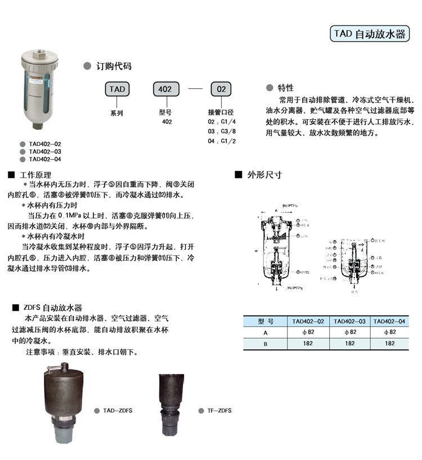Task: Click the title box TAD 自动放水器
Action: [x=369, y=34]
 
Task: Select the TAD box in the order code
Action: [x=117, y=89]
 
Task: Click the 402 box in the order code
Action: [x=166, y=89]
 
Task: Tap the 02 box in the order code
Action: [x=221, y=89]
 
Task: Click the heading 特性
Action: [x=285, y=88]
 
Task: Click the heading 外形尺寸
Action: [x=265, y=175]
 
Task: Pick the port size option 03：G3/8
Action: [x=222, y=131]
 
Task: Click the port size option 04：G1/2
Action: [x=222, y=141]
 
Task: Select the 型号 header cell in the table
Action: [x=265, y=321]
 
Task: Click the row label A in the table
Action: [x=265, y=332]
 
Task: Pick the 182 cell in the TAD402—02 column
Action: [x=308, y=343]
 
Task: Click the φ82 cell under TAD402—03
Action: [x=349, y=332]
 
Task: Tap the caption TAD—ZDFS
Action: [x=118, y=411]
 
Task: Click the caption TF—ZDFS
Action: [x=219, y=411]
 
